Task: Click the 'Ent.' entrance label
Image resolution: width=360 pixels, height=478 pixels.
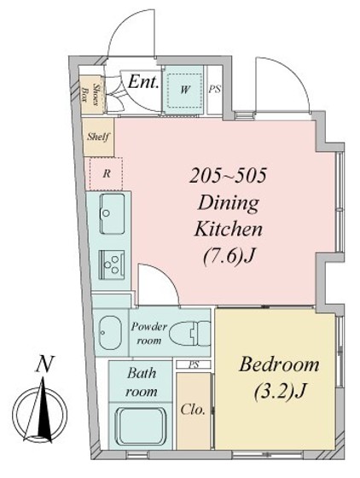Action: click(x=143, y=82)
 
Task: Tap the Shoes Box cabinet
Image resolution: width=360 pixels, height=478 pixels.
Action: click(x=91, y=94)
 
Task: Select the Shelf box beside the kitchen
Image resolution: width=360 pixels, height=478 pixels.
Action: click(x=98, y=137)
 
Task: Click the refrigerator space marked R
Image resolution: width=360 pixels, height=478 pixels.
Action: click(x=107, y=174)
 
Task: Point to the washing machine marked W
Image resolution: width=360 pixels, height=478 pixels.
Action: click(x=184, y=90)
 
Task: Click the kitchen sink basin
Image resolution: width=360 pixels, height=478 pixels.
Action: click(x=112, y=213)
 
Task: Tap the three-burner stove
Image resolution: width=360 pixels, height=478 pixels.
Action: click(x=112, y=265)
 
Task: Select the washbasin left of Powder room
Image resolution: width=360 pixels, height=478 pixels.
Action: click(x=109, y=333)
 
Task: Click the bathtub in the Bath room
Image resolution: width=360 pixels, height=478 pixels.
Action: click(x=141, y=427)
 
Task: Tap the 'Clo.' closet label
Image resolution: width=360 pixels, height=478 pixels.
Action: click(x=193, y=410)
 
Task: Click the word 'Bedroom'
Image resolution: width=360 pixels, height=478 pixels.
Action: click(x=279, y=364)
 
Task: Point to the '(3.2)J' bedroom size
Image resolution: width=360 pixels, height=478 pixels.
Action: click(x=279, y=391)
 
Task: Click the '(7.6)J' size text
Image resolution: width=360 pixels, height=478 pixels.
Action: click(x=229, y=256)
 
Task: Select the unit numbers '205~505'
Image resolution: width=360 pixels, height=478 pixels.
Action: click(x=228, y=176)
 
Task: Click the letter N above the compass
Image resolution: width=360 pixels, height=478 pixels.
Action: click(x=44, y=364)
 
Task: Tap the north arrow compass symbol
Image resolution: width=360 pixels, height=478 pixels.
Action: click(x=42, y=411)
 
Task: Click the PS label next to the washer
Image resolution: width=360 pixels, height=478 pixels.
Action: click(x=215, y=90)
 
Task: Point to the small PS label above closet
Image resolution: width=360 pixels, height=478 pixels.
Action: click(x=194, y=364)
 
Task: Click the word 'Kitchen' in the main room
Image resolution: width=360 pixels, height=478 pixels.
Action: click(x=229, y=230)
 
